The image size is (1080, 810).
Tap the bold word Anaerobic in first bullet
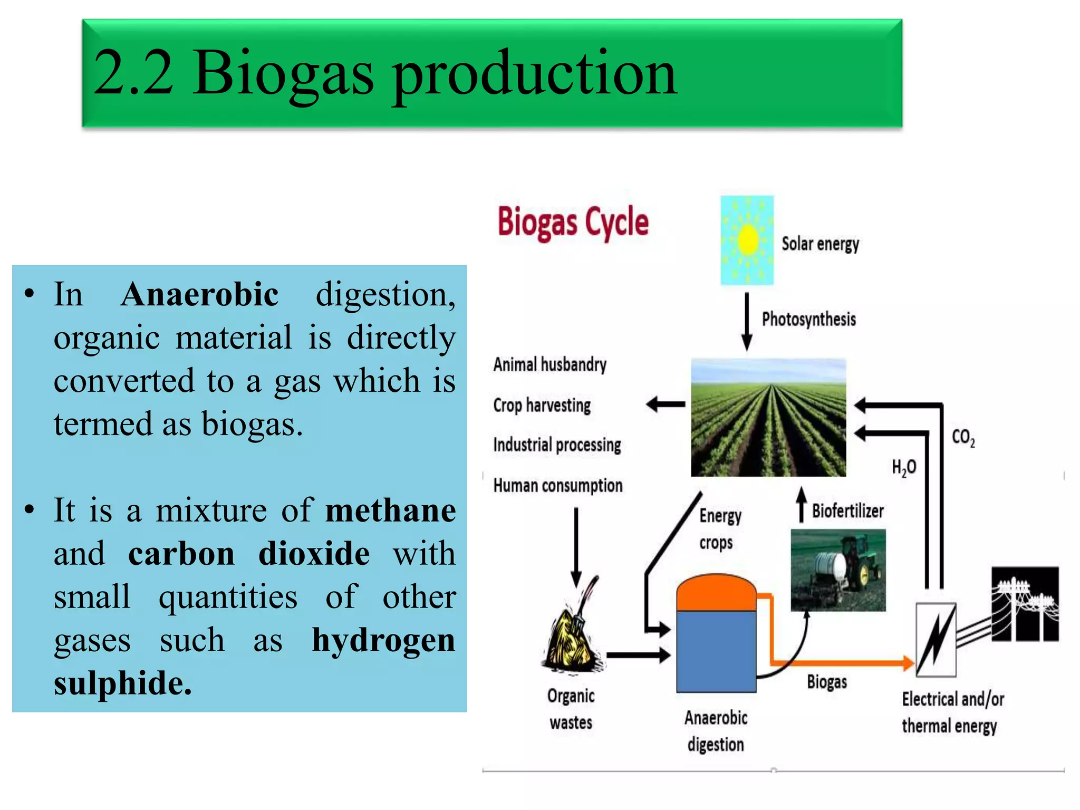199,294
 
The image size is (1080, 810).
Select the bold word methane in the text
390,510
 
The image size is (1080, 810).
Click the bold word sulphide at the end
122,683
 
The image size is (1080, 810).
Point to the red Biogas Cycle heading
573,222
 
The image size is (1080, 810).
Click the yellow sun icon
747,240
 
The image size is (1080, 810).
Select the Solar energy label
820,244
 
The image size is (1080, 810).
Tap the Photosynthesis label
808,319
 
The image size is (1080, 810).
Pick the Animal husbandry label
549,364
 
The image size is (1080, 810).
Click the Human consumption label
557,485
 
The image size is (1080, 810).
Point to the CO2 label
963,437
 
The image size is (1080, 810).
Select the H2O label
904,467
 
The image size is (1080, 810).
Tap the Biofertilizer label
847,510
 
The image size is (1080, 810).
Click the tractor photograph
838,570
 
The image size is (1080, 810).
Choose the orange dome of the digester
716,593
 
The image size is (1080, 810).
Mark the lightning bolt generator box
936,639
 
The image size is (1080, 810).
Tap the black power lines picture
1025,604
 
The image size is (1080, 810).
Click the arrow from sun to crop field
747,322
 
